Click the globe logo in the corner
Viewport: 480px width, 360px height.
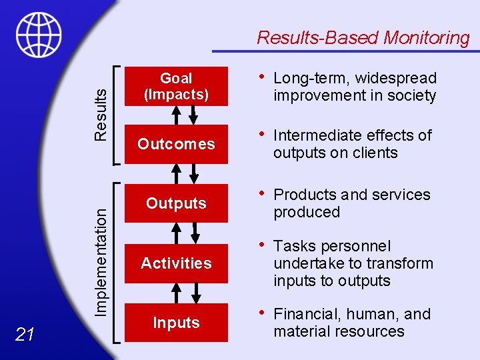pyautogui.click(x=39, y=35)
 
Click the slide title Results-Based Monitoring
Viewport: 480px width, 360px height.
pyautogui.click(x=363, y=37)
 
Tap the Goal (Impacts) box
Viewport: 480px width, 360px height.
pyautogui.click(x=176, y=87)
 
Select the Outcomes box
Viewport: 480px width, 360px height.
pyautogui.click(x=176, y=144)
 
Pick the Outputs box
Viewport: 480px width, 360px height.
pyautogui.click(x=176, y=203)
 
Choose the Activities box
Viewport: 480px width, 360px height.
pyautogui.click(x=176, y=263)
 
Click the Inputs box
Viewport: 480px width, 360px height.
pyautogui.click(x=176, y=323)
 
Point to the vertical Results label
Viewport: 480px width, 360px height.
pyautogui.click(x=100, y=114)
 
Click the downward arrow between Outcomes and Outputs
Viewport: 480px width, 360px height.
pyautogui.click(x=193, y=173)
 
